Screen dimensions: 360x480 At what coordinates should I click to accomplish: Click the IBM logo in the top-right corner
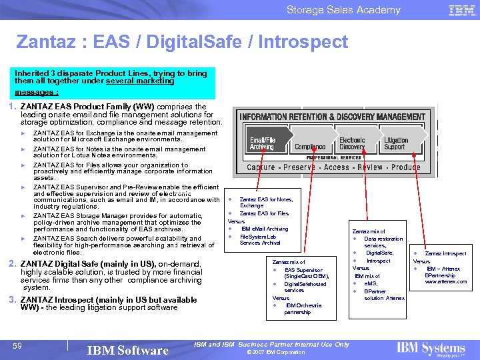click(462, 10)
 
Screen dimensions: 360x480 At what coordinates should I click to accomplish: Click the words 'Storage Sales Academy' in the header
click(343, 10)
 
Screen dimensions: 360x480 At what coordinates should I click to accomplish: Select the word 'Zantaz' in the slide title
click(41, 43)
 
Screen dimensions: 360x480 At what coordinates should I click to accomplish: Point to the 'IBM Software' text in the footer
click(127, 350)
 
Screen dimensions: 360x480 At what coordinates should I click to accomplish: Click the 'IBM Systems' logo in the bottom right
click(431, 348)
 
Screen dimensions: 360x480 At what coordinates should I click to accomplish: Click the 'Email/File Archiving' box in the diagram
click(262, 143)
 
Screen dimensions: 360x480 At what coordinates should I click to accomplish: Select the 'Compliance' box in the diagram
click(310, 147)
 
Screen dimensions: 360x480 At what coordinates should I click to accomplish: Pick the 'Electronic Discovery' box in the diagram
click(353, 143)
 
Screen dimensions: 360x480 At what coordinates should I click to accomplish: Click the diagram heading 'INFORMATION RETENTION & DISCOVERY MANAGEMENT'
click(332, 117)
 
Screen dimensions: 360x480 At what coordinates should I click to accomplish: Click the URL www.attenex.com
click(446, 281)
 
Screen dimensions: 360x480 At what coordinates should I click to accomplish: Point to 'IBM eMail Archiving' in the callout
click(265, 229)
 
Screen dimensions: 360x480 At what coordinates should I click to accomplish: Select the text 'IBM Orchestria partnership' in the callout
click(297, 309)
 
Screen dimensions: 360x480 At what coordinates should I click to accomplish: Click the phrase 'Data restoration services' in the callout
click(384, 242)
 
